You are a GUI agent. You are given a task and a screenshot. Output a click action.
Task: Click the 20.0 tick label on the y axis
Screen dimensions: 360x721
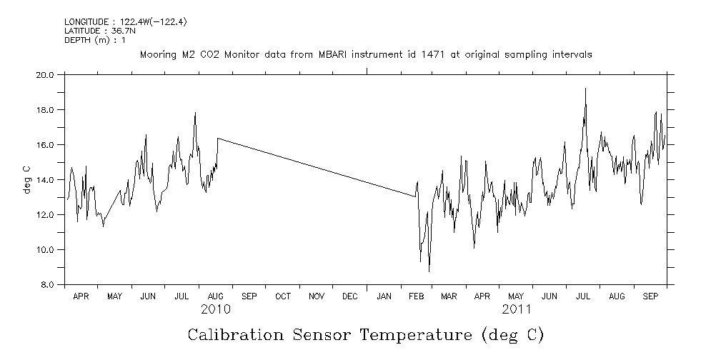point(45,74)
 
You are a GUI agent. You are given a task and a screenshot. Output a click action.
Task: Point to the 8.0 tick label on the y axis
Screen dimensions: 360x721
point(47,284)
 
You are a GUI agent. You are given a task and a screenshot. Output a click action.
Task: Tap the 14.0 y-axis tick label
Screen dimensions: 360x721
point(45,179)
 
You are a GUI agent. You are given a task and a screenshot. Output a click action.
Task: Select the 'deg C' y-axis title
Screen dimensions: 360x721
point(27,179)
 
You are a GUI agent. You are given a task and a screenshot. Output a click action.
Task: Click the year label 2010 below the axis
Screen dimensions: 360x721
point(215,309)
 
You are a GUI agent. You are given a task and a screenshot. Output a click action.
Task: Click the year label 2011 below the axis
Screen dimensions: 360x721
point(516,309)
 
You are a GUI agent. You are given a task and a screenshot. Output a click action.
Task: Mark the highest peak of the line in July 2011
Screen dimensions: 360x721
point(585,89)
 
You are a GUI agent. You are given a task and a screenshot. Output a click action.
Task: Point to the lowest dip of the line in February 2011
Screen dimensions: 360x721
point(429,271)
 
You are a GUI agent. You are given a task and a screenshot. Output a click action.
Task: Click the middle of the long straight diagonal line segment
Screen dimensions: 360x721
point(317,167)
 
